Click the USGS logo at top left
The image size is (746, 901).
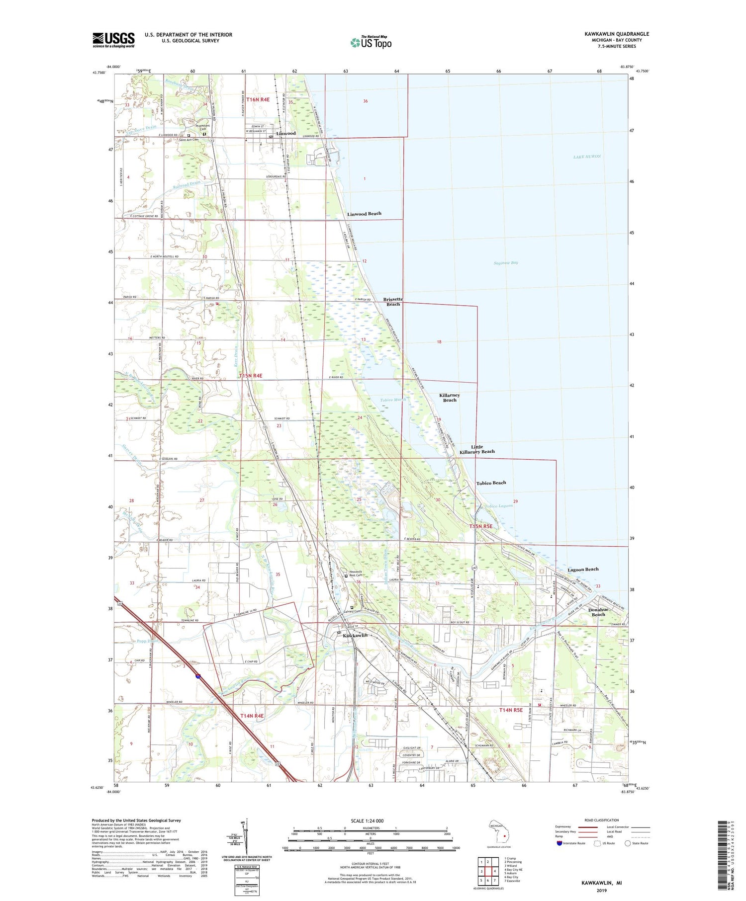tap(113, 40)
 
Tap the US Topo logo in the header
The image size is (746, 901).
tap(371, 43)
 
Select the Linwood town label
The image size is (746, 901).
tap(286, 133)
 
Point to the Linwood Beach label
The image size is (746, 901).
tap(364, 214)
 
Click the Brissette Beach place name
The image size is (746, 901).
tap(393, 302)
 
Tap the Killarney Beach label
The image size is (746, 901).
tap(449, 398)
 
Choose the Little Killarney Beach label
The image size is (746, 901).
tap(476, 449)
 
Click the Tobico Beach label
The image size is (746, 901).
tap(491, 483)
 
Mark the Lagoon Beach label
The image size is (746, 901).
tap(583, 569)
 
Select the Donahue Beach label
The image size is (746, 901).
tap(598, 612)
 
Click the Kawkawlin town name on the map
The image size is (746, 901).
tap(355, 636)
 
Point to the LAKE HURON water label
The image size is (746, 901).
tap(587, 157)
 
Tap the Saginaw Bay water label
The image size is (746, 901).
tap(506, 262)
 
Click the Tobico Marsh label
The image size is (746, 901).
tap(393, 400)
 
